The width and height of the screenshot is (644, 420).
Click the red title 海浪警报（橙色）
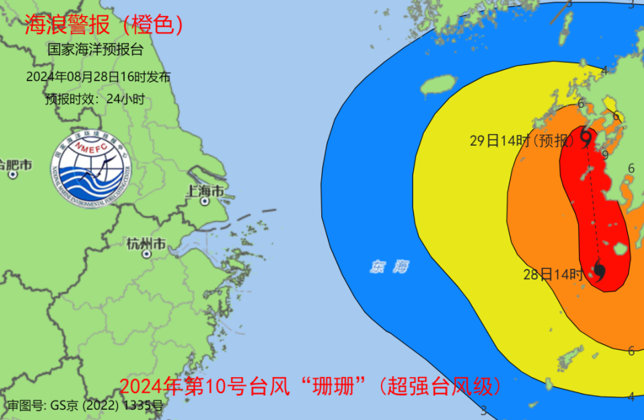click(x=104, y=25)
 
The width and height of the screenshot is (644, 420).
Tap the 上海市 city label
click(x=205, y=190)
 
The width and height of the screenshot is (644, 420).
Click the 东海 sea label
click(x=389, y=267)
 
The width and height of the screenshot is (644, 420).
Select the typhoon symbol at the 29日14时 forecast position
click(x=586, y=137)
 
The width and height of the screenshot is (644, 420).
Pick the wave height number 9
click(x=605, y=156)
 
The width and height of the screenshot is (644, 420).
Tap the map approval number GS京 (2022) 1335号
click(x=85, y=405)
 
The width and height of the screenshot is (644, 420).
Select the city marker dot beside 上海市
click(x=205, y=201)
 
